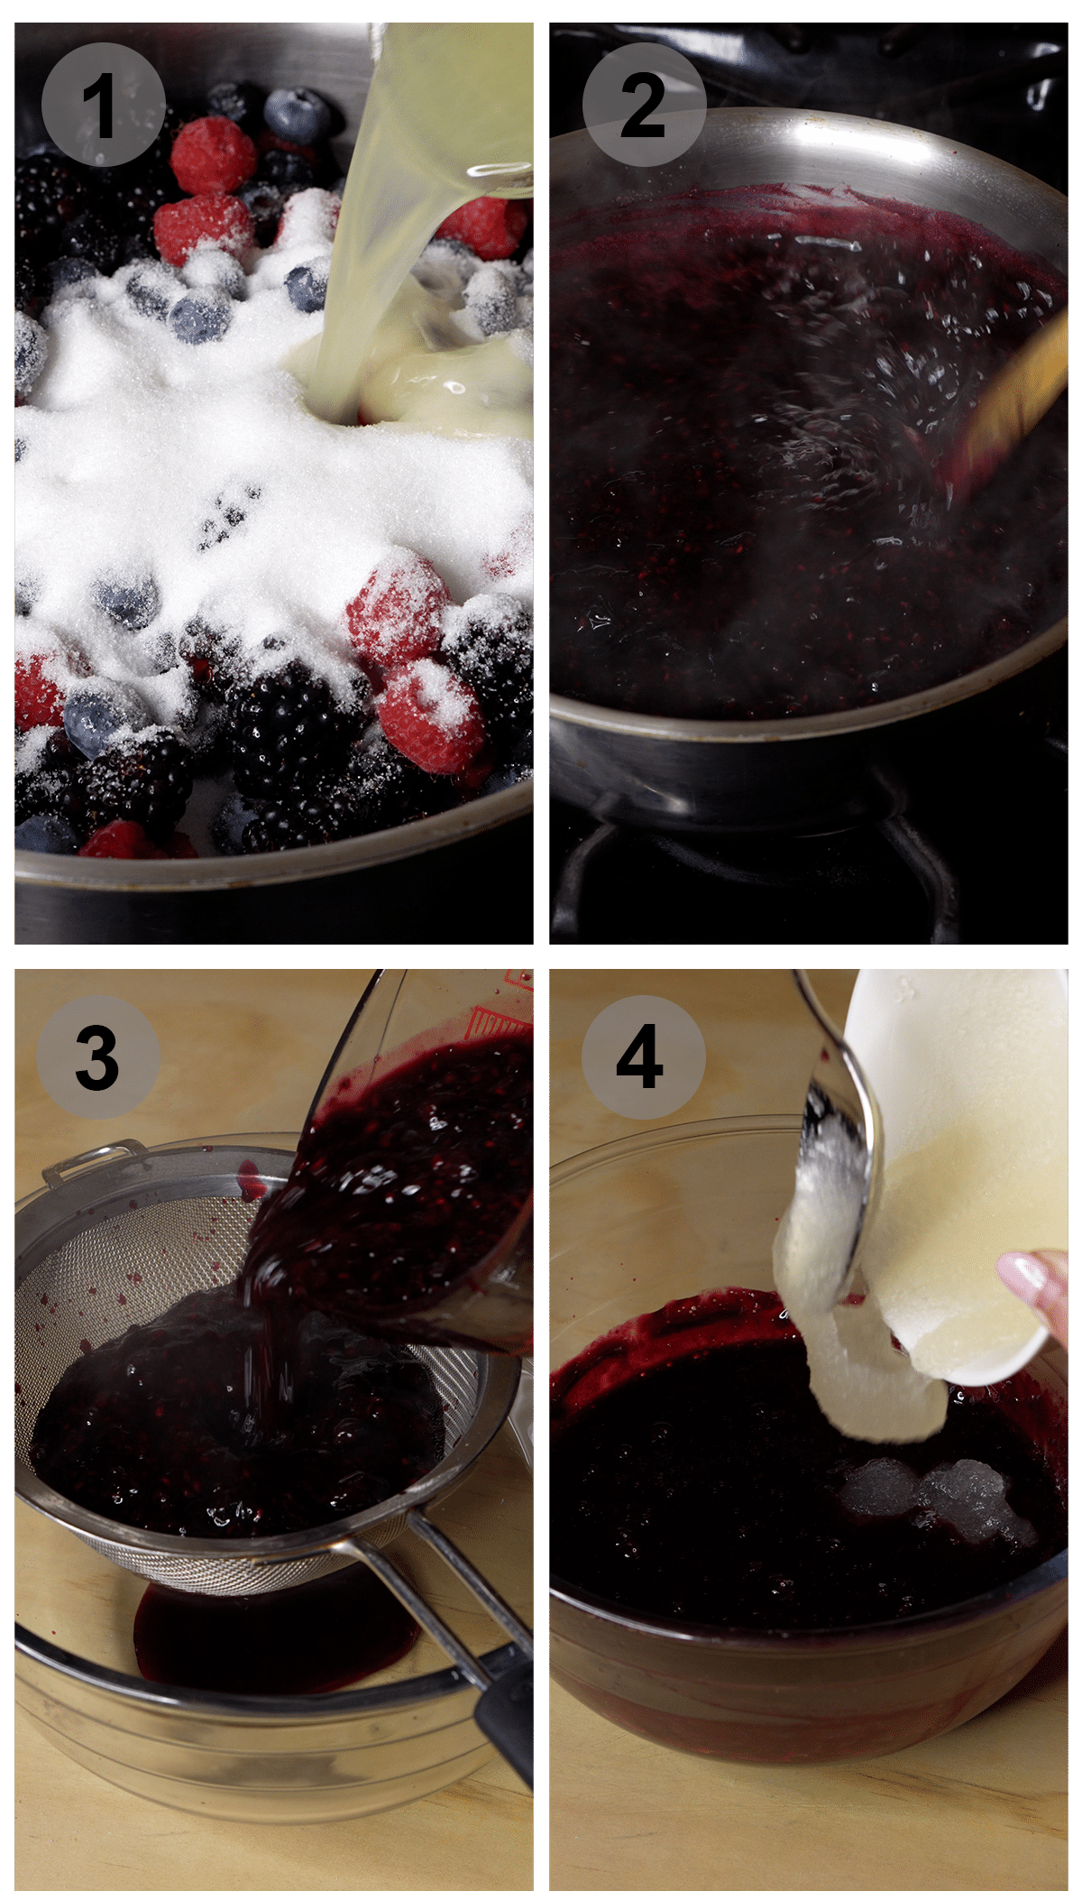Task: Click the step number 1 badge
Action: click(103, 105)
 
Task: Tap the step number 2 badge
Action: click(643, 105)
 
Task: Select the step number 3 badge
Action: click(98, 1057)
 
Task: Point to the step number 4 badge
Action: click(642, 1057)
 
